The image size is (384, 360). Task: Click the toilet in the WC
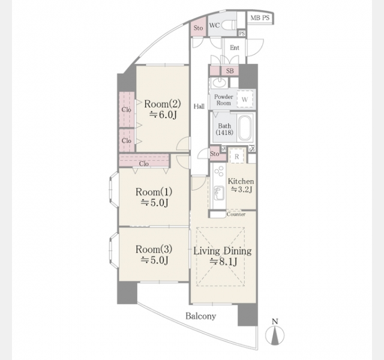point(230,25)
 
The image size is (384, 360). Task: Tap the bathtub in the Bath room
point(245,127)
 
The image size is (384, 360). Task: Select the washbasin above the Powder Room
point(219,83)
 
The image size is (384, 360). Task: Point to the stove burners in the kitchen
point(219,171)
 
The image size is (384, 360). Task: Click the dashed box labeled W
point(245,99)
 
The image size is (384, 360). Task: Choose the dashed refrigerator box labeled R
point(237,156)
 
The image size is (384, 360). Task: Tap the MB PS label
point(260,18)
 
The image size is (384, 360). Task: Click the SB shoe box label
point(230,71)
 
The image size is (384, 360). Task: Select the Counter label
point(236,214)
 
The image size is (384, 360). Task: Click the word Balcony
point(201,316)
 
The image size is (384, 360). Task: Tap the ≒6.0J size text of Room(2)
point(163,115)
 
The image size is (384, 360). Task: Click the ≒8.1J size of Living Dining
point(223,262)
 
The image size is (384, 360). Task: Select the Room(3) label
point(154,250)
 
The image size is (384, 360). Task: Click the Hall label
point(199,106)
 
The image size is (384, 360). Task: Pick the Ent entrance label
point(235,47)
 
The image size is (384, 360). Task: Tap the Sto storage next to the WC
point(199,27)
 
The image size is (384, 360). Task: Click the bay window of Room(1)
point(113,190)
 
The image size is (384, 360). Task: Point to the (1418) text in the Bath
point(224,133)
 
